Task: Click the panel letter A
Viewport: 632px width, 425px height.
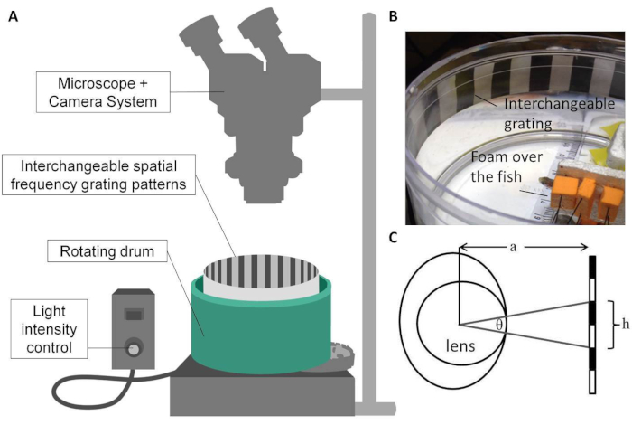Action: [14, 16]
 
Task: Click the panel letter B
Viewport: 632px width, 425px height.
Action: [394, 16]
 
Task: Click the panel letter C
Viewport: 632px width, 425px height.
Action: [394, 238]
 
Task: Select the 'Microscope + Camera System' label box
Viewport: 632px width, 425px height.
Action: [103, 92]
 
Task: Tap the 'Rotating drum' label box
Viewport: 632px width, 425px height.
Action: [107, 251]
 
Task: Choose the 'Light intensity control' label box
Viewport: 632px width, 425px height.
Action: [49, 329]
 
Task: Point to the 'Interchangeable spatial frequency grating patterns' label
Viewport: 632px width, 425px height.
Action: [98, 175]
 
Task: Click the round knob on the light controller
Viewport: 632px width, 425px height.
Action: [133, 348]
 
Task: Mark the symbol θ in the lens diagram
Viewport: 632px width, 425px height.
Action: [499, 325]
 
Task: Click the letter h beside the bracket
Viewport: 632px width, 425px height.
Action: [625, 324]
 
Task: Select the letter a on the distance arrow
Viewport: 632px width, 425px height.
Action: [513, 247]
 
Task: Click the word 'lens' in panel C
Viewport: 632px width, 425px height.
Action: [460, 345]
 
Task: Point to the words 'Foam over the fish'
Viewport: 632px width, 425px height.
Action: [507, 166]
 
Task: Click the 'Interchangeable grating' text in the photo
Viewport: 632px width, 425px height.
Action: [560, 113]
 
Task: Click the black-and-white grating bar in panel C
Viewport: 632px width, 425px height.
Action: [592, 325]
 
